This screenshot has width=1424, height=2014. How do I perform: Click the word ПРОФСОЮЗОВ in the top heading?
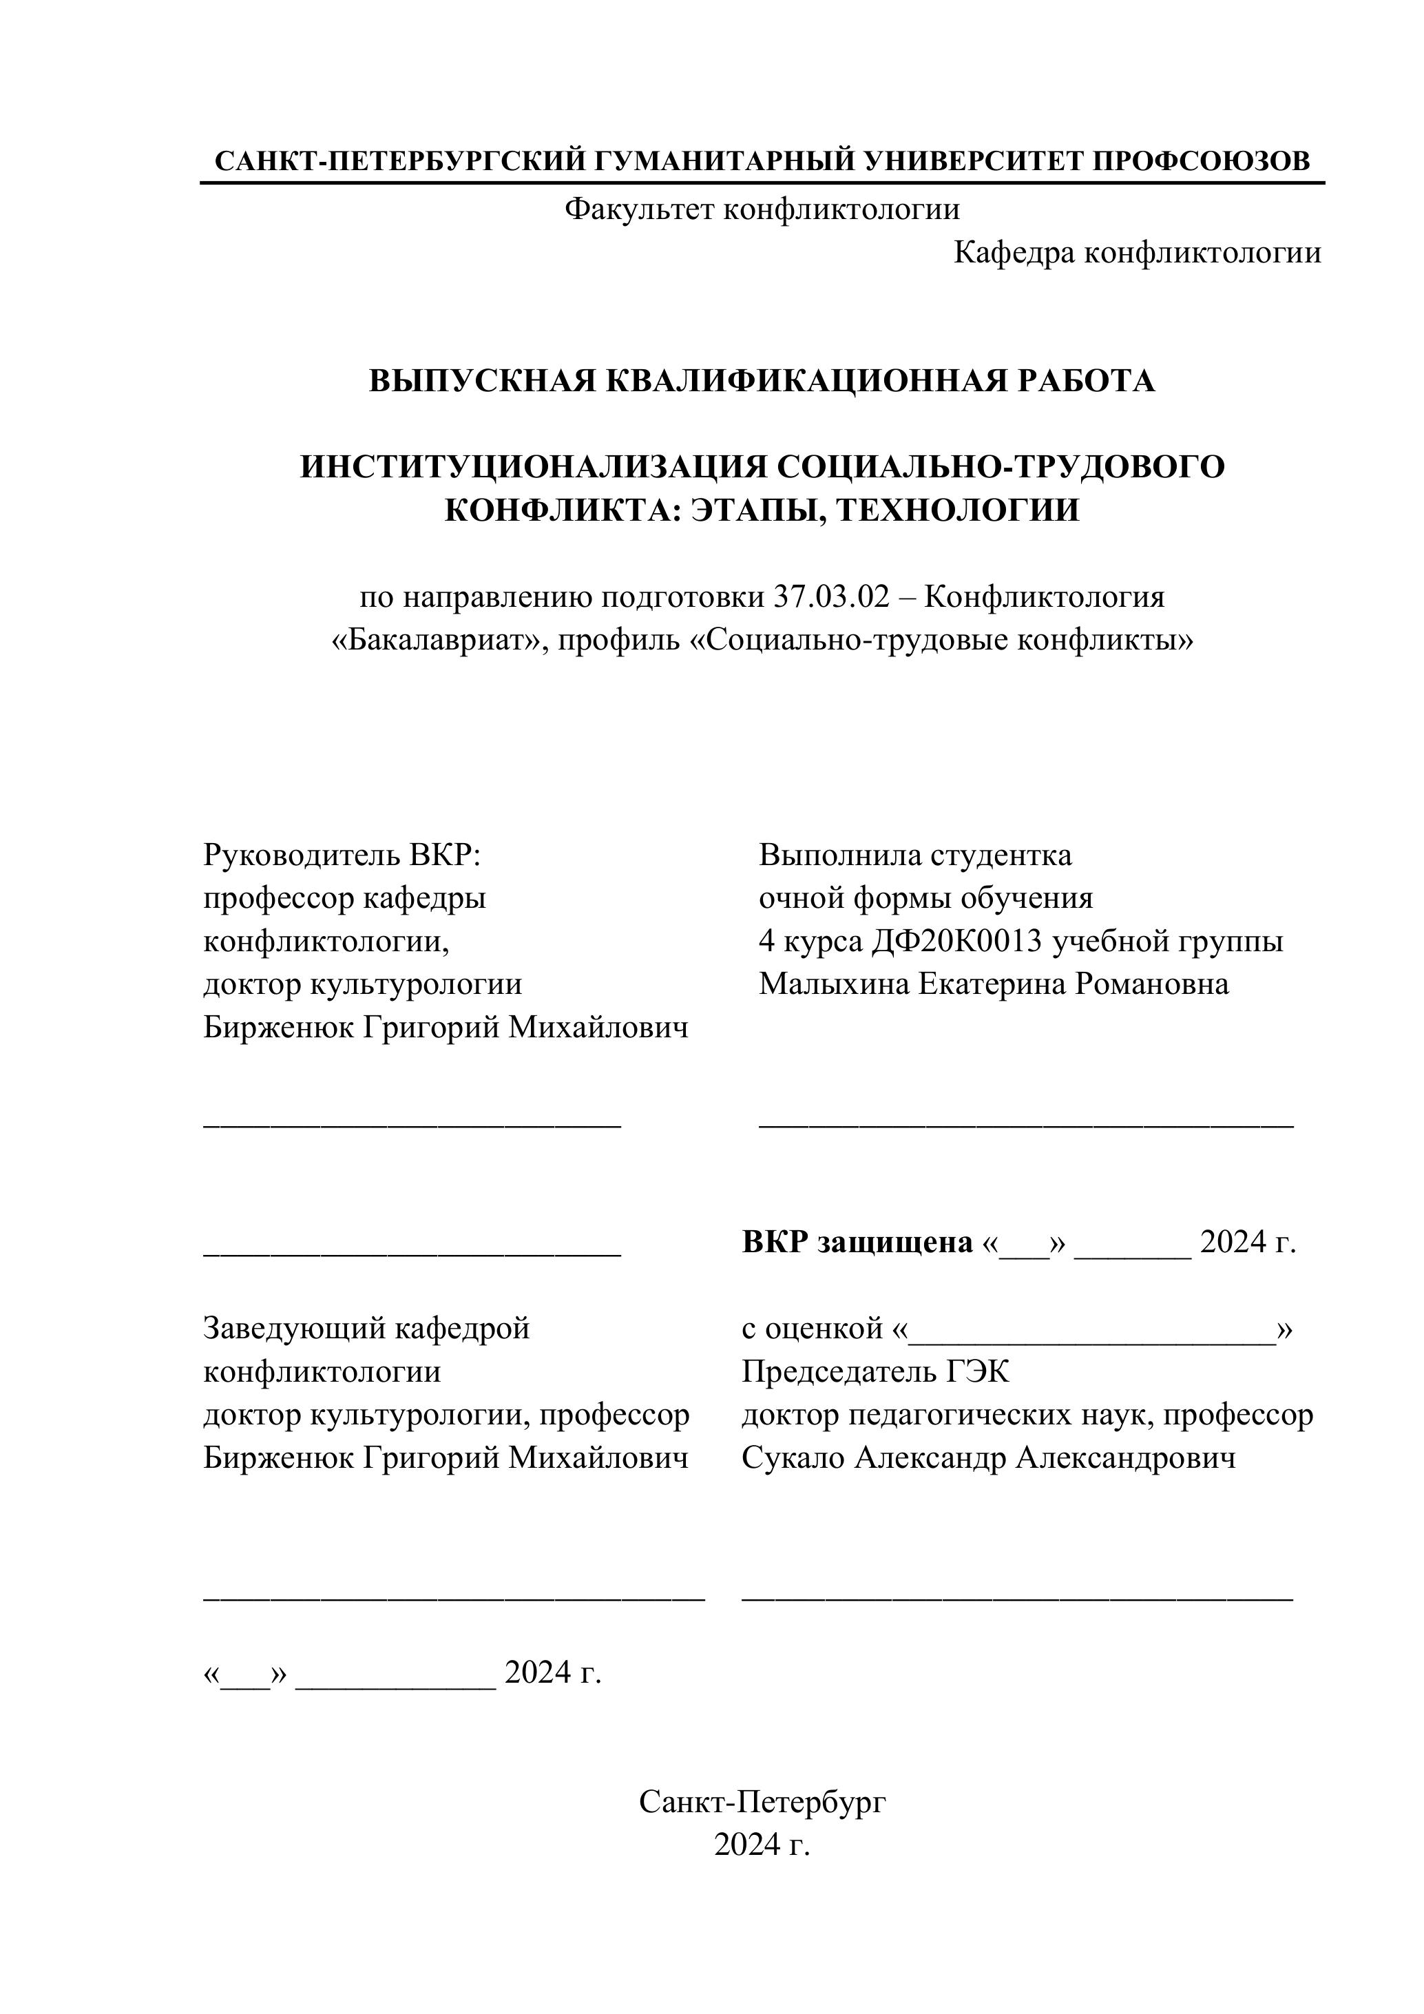(x=1202, y=160)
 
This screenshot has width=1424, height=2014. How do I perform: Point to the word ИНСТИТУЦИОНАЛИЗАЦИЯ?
(x=534, y=467)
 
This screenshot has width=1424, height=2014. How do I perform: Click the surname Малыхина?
(x=834, y=984)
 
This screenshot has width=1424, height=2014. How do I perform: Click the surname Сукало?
(x=793, y=1458)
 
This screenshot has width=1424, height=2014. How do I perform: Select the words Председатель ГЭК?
(x=875, y=1371)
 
